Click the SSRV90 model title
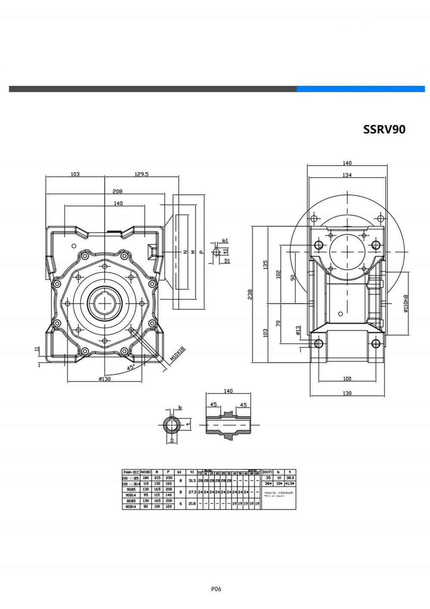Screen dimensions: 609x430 coord(384,130)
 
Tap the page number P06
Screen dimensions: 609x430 coord(216,589)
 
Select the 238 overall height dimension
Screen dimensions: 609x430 coord(250,294)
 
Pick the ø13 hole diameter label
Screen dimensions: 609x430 coord(298,331)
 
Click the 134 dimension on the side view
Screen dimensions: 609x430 coord(347,175)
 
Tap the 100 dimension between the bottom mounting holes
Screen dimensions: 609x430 coord(347,379)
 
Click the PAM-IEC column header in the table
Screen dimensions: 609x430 coord(131,472)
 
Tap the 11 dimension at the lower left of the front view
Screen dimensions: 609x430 coord(37,349)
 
